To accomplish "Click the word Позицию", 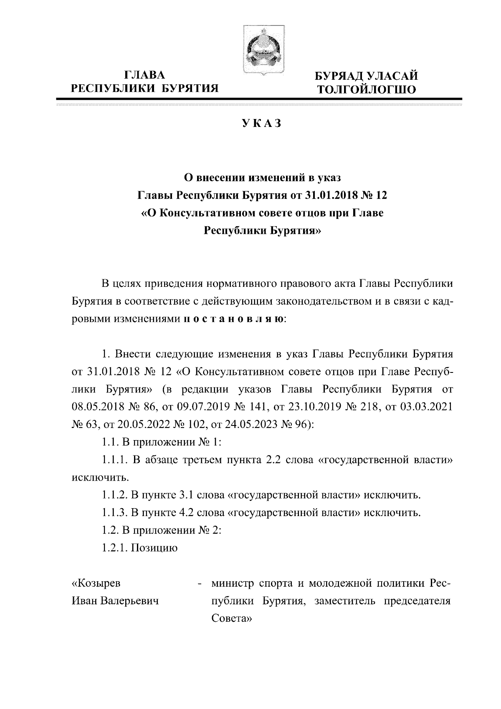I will (154, 547).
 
